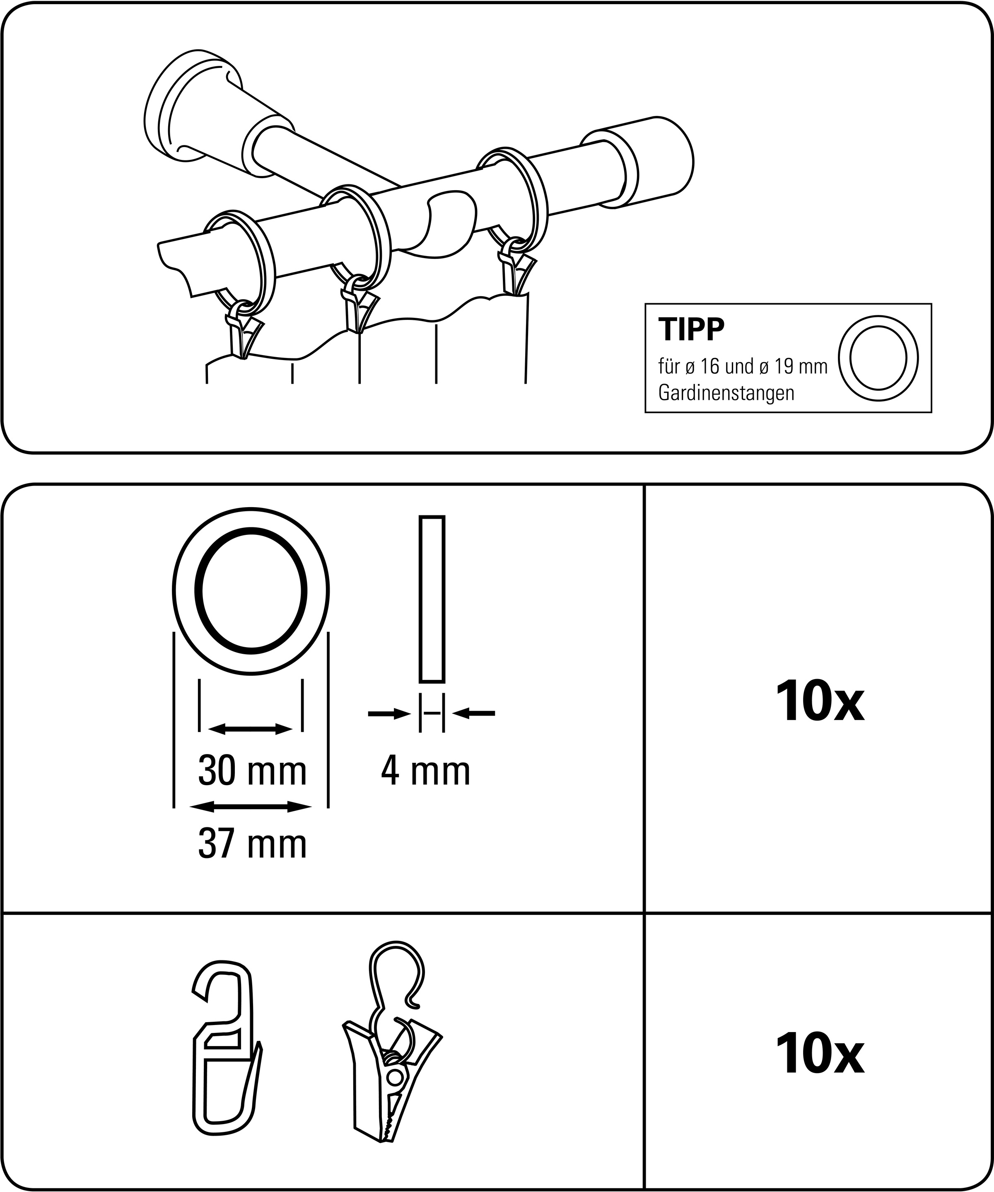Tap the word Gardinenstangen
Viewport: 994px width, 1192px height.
[726, 393]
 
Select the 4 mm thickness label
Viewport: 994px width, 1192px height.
[425, 771]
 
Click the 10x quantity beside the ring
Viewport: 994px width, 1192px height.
[820, 703]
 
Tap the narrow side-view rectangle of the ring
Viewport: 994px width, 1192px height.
[432, 599]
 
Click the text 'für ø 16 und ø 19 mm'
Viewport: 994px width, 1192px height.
[742, 367]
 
